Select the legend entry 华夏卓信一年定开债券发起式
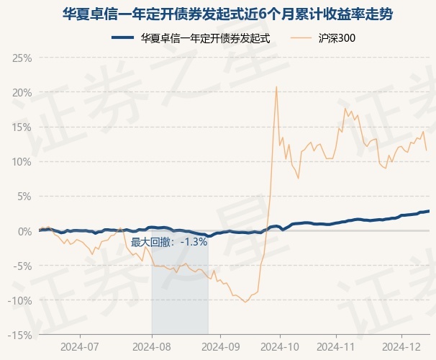(191, 38)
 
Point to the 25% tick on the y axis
(22, 58)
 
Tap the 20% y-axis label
(22, 92)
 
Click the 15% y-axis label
(22, 127)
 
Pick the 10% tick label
(22, 161)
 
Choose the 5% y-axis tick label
(24, 196)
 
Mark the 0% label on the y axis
(24, 230)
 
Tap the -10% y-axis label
(20, 300)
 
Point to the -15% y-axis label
(20, 335)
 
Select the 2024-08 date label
(152, 347)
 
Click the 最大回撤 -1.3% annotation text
(169, 243)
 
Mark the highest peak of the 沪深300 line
(276, 87)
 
